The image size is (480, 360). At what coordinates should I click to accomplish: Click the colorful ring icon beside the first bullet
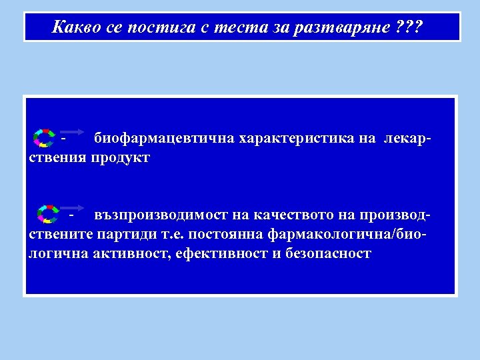point(44,137)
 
